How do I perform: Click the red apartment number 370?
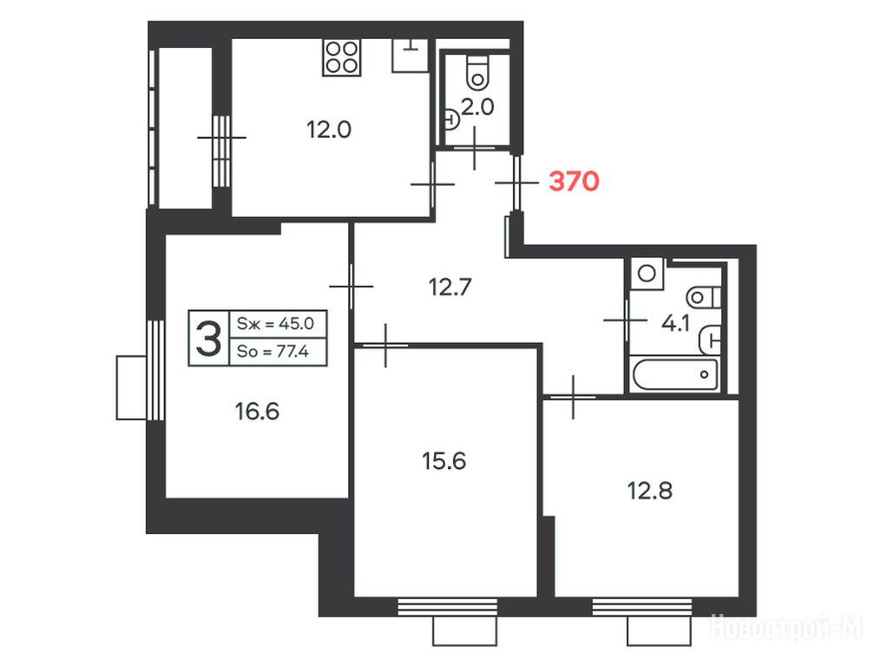pos(574,182)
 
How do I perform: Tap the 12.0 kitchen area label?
pos(329,130)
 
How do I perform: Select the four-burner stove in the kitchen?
pos(342,57)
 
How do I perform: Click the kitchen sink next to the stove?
pos(411,56)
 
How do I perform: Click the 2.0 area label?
pos(478,107)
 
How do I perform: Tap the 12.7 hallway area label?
pos(450,287)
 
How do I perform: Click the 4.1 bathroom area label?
pos(675,323)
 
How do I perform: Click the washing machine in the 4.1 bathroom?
pos(647,274)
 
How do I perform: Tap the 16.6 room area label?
pos(257,412)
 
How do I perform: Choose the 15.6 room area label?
pos(444,461)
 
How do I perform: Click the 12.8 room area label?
pos(650,491)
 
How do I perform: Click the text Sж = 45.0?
pos(276,323)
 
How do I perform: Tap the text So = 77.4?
pos(273,352)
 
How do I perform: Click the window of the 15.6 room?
pos(448,607)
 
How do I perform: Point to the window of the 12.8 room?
pos(642,607)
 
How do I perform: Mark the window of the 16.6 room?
pos(155,370)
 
